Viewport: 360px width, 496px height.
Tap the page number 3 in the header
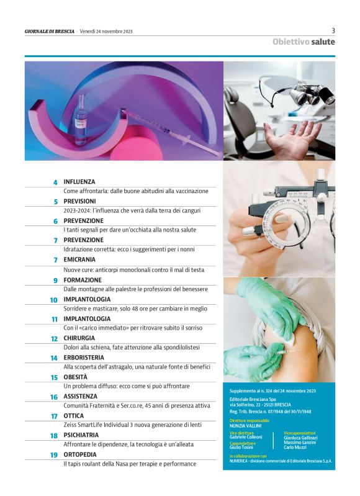click(x=333, y=30)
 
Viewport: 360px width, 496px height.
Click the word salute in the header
click(x=322, y=42)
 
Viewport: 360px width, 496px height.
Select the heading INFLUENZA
click(x=79, y=182)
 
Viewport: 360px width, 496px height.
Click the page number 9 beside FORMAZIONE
click(x=55, y=281)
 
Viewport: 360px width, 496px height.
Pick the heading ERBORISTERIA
click(x=84, y=358)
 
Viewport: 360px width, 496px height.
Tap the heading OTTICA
click(x=74, y=416)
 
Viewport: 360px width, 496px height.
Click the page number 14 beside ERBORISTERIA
click(x=54, y=358)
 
